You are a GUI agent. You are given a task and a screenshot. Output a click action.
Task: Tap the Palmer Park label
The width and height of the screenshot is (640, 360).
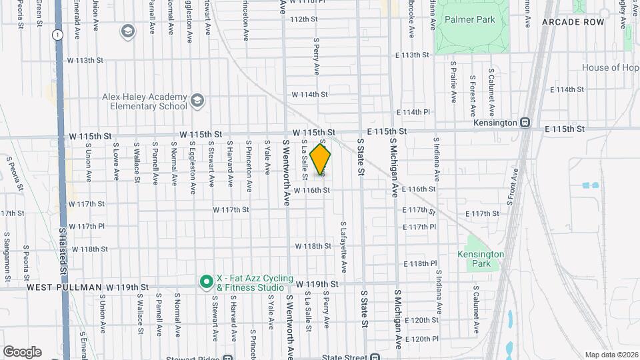click(470, 20)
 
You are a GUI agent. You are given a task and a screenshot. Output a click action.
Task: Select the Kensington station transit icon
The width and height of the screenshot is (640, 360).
click(525, 123)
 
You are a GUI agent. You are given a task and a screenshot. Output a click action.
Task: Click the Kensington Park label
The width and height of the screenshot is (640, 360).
click(481, 259)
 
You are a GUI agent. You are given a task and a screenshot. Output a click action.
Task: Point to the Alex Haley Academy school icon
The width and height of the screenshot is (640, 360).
click(197, 101)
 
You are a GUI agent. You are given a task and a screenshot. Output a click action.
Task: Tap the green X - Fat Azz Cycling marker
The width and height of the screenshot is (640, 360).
click(207, 283)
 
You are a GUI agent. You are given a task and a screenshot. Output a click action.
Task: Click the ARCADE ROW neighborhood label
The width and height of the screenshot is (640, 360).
click(573, 22)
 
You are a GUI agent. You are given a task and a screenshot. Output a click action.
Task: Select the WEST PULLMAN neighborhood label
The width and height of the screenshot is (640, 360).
click(63, 287)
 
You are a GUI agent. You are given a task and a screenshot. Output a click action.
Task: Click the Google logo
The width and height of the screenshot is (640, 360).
click(22, 352)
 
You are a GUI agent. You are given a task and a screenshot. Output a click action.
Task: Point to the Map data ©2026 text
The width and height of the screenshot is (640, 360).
click(611, 355)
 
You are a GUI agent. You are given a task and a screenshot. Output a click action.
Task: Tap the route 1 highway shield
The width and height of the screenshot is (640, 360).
click(59, 34)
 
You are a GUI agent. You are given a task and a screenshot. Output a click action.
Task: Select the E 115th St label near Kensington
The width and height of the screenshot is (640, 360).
click(564, 128)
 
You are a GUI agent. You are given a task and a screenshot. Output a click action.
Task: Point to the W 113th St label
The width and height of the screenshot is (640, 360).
click(85, 60)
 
